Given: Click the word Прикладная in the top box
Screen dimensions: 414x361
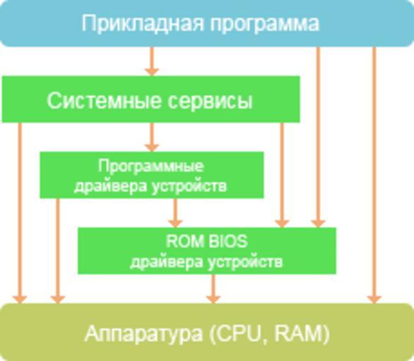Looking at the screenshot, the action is tap(143, 24).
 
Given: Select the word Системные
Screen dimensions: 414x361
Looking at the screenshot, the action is tap(104, 101).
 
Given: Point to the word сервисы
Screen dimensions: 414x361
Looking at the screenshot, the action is tap(210, 102).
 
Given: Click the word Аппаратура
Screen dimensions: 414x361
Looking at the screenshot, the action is tap(143, 334).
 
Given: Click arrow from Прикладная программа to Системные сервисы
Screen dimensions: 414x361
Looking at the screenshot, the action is tap(152, 61).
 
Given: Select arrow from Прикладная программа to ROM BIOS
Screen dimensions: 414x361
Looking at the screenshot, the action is tap(318, 137).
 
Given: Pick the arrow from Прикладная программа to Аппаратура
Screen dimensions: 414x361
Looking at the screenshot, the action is tap(374, 176).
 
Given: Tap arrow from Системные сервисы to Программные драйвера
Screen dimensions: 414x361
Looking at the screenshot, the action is tap(152, 137).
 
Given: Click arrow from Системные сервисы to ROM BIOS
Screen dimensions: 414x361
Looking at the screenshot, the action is tap(282, 176).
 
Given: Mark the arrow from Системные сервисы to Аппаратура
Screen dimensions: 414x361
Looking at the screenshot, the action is tap(20, 213).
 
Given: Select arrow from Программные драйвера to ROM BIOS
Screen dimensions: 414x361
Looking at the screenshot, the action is tap(175, 213).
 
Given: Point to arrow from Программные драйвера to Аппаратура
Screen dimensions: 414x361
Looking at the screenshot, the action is tap(58, 251).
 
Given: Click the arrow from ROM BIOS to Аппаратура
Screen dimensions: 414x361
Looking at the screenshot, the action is tap(213, 289).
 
